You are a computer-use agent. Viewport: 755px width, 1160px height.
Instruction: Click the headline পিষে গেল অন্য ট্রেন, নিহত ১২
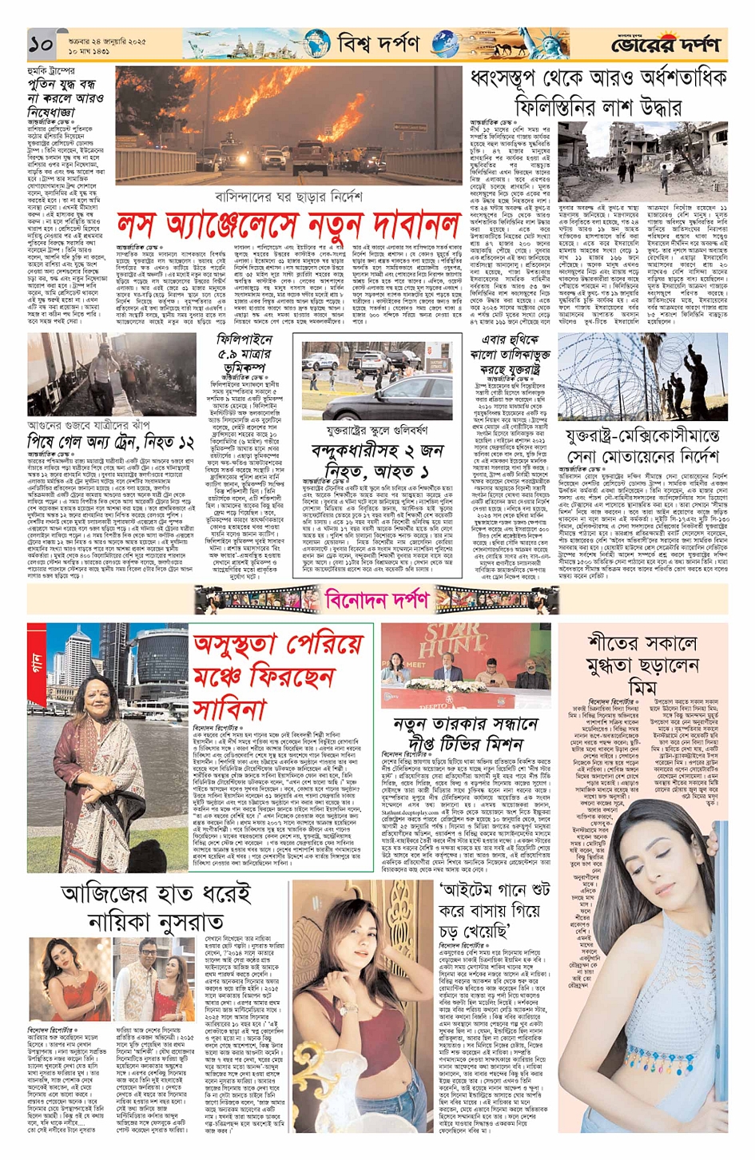[111, 441]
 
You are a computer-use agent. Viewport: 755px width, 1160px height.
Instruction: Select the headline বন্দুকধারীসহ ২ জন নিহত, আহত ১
[369, 462]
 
